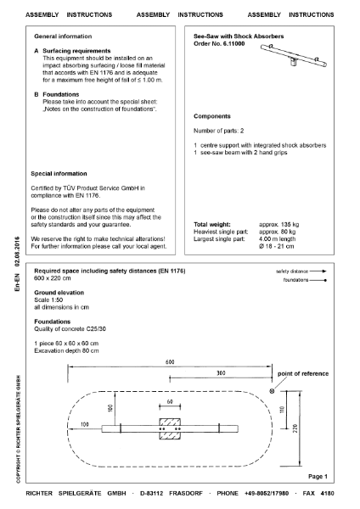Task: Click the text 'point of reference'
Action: click(302, 374)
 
